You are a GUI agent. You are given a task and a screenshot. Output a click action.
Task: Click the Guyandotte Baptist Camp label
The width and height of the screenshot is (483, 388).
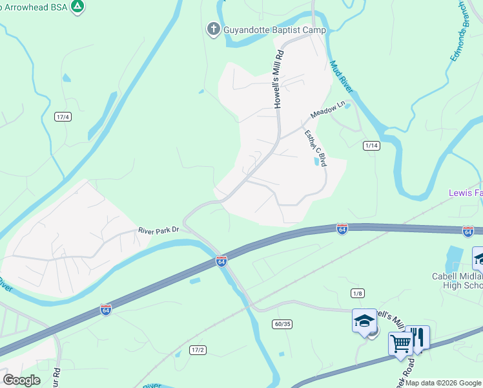pos(274,30)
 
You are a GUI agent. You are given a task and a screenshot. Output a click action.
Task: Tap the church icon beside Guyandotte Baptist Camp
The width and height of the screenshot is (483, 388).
pos(213,29)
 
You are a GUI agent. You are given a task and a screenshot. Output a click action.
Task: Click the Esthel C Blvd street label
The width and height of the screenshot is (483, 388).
pos(316,148)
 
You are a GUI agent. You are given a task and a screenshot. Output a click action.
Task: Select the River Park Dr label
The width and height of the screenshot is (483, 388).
pos(158,230)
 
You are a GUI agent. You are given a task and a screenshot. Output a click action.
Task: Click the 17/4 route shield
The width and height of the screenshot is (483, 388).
pos(63,117)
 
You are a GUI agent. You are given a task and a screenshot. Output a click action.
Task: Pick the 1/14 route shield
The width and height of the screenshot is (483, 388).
pos(371,145)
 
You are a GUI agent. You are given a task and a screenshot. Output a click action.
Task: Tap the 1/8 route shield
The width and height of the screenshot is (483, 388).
pos(358,294)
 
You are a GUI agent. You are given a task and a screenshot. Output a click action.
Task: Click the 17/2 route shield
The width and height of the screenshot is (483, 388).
pos(198,350)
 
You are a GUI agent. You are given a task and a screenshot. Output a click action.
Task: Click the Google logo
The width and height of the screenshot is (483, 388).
pos(21,380)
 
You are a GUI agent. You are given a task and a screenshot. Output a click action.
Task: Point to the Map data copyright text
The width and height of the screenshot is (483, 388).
pos(443,383)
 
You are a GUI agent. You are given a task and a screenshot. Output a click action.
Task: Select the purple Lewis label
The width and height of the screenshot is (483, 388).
pos(466,193)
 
